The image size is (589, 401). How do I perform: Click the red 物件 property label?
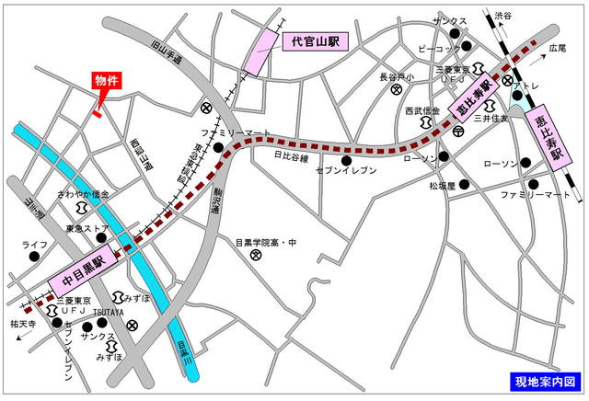point(108,81)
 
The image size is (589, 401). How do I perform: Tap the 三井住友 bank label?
point(491,118)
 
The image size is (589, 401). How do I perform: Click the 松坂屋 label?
point(441,185)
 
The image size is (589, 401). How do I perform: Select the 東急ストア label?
point(87,228)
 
